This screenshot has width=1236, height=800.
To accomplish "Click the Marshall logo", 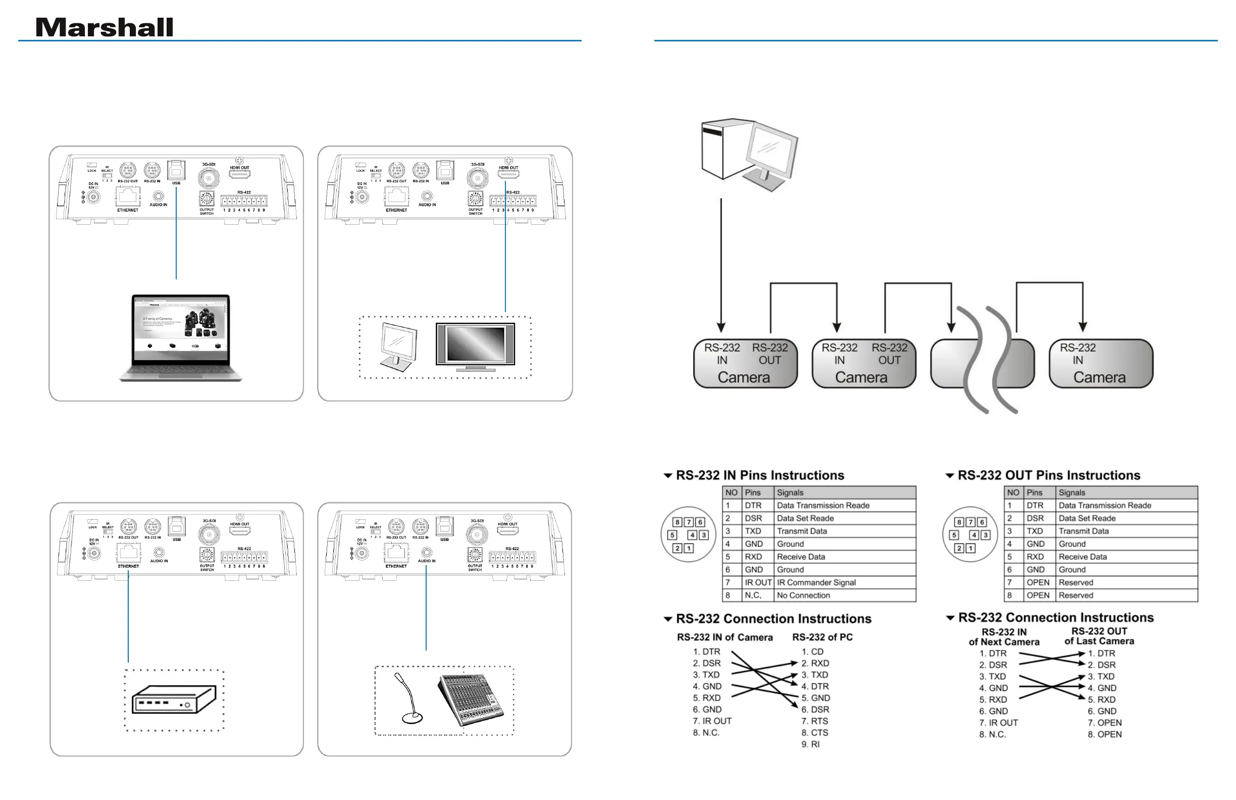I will coord(104,28).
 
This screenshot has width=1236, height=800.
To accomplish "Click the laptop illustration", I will coord(180,338).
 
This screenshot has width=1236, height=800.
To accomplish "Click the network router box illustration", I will coord(174,699).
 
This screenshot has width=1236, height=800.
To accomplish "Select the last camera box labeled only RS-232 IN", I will coord(1101,363).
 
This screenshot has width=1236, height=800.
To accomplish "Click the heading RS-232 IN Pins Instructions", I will coord(760,475).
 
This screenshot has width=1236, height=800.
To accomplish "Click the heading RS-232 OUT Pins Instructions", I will coord(1049,475).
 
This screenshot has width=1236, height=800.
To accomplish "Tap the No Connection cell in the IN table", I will coord(803,595).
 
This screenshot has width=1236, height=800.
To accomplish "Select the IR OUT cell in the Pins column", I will coord(758,582).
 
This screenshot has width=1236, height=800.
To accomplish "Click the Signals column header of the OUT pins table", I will coord(1072,492).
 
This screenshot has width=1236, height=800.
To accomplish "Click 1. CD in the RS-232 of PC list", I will coord(812,652).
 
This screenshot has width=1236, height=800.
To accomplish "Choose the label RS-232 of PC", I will coord(822,637).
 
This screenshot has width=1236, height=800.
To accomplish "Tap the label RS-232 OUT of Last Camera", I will coord(1099,636).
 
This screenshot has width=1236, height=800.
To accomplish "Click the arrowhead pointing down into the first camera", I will coord(721,327).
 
